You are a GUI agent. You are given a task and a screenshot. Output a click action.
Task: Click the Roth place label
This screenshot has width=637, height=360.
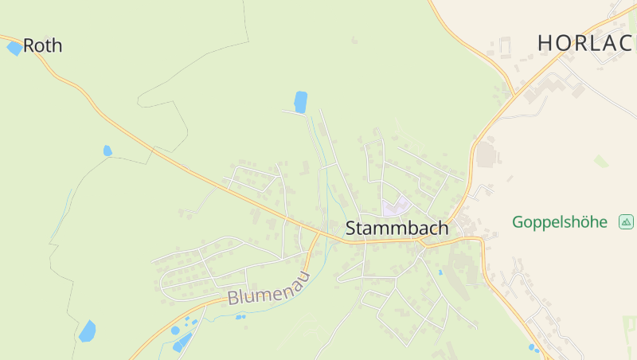coord(42,46)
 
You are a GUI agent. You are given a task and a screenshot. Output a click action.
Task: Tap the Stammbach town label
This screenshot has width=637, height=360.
coord(397,229)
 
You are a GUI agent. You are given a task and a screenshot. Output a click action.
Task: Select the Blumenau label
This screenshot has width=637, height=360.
coord(268,288)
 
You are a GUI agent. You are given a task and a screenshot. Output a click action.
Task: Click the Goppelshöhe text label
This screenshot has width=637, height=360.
coord(560,221)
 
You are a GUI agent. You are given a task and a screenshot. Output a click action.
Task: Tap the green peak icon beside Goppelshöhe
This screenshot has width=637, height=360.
coord(626,221)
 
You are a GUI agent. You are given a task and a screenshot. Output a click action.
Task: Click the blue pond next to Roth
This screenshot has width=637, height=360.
coord(14,49)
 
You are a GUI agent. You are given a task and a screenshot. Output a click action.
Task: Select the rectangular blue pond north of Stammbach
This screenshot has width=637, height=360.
coord(300,102)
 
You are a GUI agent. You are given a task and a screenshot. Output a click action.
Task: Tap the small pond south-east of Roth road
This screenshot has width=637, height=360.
coord(107,151)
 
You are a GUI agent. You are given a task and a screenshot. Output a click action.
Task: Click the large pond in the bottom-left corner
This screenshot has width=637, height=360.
coord(87,331)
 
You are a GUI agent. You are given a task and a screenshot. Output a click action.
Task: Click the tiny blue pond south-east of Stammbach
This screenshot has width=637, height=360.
coord(440,272)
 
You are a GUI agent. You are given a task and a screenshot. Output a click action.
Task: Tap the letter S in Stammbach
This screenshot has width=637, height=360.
coord(351,229)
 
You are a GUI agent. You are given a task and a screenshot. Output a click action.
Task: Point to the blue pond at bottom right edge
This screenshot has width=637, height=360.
coord(533,347)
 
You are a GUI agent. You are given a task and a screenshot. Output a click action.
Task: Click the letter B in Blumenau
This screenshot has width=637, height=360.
coord(233,299)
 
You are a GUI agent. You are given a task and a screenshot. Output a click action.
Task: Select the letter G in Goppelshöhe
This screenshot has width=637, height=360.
coord(518,221)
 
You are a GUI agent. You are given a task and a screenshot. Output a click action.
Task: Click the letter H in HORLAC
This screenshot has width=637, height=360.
coord(545,43)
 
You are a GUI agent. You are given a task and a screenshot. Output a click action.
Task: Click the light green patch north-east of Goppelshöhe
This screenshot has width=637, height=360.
coord(600,161)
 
